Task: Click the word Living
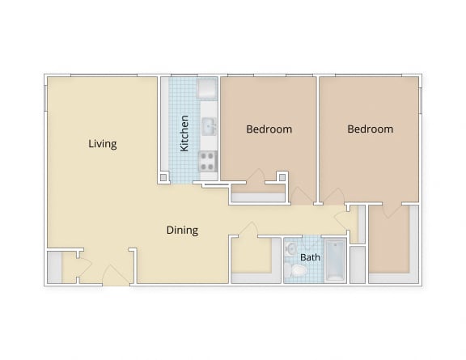pyautogui.click(x=103, y=144)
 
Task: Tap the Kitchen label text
pyautogui.click(x=184, y=133)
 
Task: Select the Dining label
pyautogui.click(x=182, y=230)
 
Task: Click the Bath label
pyautogui.click(x=310, y=258)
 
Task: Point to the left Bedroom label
pyautogui.click(x=269, y=129)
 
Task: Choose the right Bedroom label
pyautogui.click(x=370, y=129)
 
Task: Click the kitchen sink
pyautogui.click(x=208, y=126)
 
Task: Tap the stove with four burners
pyautogui.click(x=208, y=161)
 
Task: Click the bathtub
pyautogui.click(x=334, y=260)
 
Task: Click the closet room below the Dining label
pyautogui.click(x=252, y=258)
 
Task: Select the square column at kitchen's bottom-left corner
pyautogui.click(x=163, y=176)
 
